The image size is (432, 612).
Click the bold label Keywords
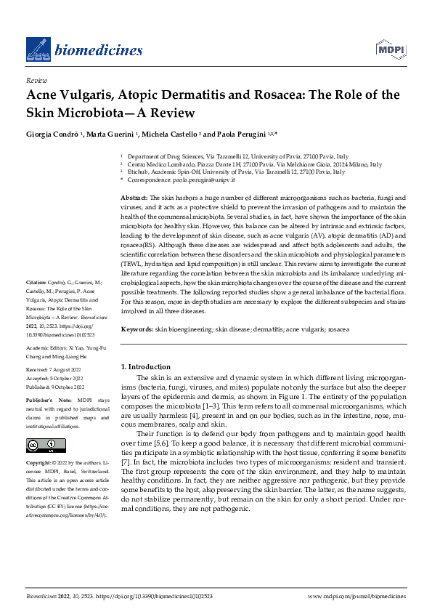point(135,329)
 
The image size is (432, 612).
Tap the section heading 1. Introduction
point(145,367)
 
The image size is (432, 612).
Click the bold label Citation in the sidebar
point(37,281)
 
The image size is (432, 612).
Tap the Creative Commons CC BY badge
point(37,445)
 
